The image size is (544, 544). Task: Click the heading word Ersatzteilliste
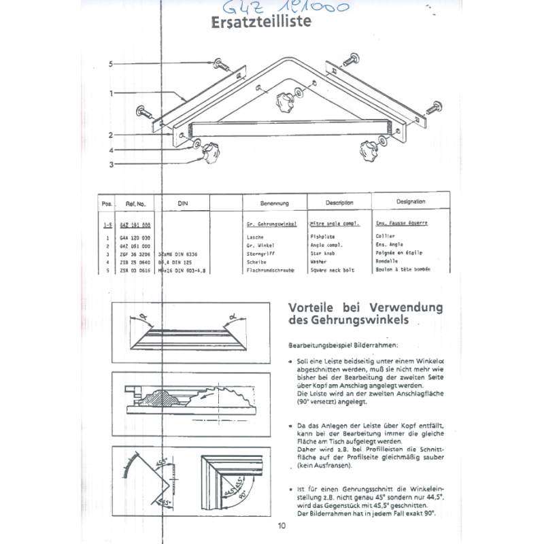tap(262, 22)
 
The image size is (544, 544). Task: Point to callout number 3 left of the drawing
tap(110, 164)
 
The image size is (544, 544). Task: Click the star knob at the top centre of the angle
tap(284, 103)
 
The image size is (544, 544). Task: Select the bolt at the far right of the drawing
tap(435, 107)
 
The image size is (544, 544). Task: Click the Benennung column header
tap(275, 203)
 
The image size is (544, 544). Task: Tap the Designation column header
tap(410, 202)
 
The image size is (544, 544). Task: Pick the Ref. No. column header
tap(136, 203)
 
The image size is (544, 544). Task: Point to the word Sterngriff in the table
tap(263, 254)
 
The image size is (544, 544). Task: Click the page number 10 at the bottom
tap(282, 524)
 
